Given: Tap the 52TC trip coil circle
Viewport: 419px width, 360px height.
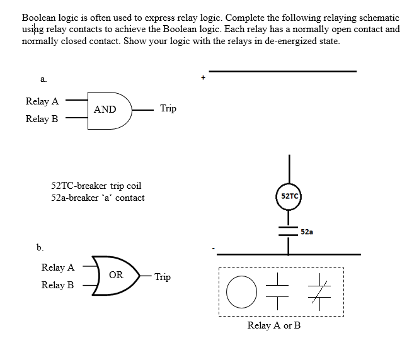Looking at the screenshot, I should click(x=289, y=196).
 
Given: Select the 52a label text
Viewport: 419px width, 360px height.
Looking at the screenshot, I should click(x=307, y=232).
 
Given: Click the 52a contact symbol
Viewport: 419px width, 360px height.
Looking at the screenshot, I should click(x=289, y=231).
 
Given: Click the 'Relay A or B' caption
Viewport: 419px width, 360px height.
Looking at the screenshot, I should click(x=274, y=325).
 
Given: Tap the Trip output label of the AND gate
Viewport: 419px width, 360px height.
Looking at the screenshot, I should click(x=168, y=108).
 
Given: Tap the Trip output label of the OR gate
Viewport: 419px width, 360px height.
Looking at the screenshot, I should click(x=163, y=277).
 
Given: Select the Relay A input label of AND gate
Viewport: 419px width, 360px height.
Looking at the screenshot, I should click(x=42, y=101).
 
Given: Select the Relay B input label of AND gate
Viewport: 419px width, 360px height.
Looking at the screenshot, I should click(x=42, y=118).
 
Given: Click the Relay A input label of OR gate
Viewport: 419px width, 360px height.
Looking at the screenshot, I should click(x=57, y=267).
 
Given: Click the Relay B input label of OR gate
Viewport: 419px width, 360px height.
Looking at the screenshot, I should click(x=57, y=285).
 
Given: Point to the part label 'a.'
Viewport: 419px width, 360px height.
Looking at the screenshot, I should click(x=43, y=79).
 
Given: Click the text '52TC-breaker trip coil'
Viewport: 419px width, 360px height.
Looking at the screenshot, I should click(x=96, y=186).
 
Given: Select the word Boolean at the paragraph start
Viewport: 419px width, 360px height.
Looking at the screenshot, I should click(x=39, y=18).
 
